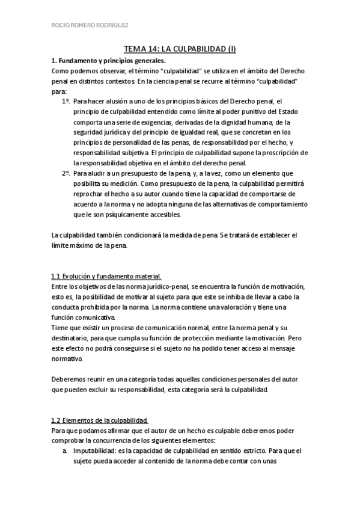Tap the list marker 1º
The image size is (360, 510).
(x=66, y=102)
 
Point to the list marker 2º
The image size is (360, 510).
(x=66, y=173)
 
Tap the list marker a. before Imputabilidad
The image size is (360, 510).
(x=65, y=449)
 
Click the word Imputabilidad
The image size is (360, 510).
(x=96, y=449)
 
